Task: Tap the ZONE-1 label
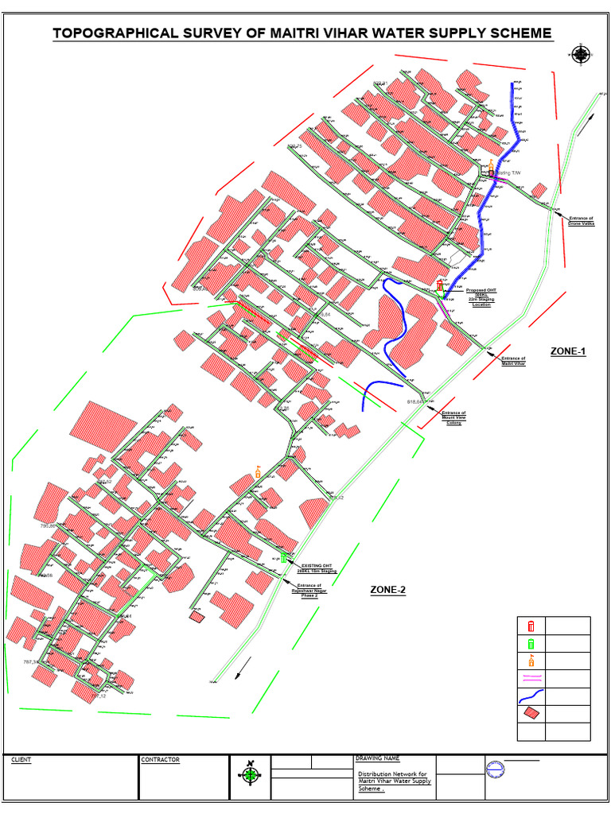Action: [568, 351]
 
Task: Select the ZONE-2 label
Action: [388, 589]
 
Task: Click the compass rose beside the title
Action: [581, 54]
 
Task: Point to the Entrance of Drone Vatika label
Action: [582, 221]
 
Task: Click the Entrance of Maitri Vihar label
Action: [514, 361]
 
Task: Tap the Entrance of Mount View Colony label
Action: [453, 417]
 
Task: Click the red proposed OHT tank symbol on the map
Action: [439, 285]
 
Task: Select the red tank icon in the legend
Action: [531, 626]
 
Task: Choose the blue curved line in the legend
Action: [531, 697]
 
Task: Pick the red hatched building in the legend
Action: [531, 715]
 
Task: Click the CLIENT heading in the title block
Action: [21, 760]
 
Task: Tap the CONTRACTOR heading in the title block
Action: [160, 760]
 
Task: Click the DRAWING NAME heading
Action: [377, 759]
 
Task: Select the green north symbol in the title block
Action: [250, 774]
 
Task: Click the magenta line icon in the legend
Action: [531, 679]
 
